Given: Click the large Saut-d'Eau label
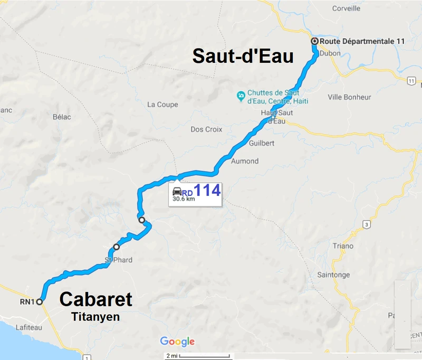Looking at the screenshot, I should tap(243, 56).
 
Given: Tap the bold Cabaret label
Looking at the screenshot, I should tap(95, 299).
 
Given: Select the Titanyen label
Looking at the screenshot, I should tap(95, 317).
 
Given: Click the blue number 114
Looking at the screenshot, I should tap(207, 191).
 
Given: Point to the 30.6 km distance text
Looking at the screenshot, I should tap(184, 199).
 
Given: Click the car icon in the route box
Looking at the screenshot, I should tap(177, 191).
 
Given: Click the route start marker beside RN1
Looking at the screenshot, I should tap(39, 302).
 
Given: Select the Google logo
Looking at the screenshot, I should tap(177, 342).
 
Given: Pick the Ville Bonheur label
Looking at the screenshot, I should tap(349, 97).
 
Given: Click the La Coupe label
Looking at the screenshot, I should tap(162, 105).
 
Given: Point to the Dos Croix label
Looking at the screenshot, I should tap(206, 129).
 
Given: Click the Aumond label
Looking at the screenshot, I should tap(245, 161).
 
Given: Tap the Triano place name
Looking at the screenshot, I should tap(343, 246).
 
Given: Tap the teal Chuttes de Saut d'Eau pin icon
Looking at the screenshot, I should tap(241, 96).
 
